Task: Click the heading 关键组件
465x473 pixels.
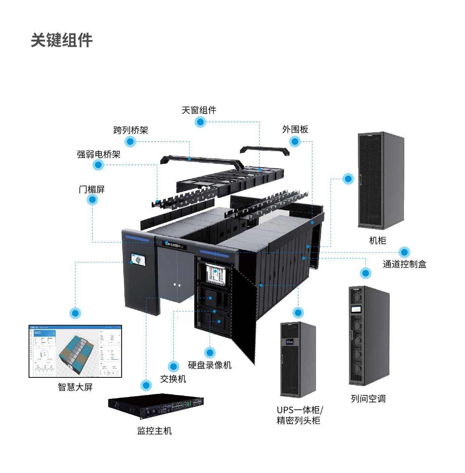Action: (61, 40)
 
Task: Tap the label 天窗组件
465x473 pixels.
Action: (199, 110)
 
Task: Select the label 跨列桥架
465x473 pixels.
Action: (131, 130)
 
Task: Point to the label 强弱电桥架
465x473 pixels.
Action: (98, 154)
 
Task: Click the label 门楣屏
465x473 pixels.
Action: (92, 189)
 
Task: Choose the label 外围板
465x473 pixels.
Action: (295, 129)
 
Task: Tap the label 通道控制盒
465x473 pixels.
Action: (404, 264)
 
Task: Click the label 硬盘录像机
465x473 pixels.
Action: (210, 365)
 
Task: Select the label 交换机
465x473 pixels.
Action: (173, 379)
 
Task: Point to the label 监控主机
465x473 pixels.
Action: (154, 431)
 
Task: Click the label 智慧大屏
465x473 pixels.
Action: (75, 387)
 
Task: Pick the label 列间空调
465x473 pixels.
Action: (368, 398)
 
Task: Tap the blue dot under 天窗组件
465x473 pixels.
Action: (200, 122)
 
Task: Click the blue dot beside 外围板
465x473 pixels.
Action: (295, 141)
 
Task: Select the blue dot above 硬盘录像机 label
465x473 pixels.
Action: (210, 352)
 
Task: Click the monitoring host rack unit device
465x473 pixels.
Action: (156, 406)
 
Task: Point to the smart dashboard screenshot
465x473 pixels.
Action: (75, 351)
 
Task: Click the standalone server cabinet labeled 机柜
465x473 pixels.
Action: (381, 180)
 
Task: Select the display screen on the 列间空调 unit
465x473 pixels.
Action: (356, 310)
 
